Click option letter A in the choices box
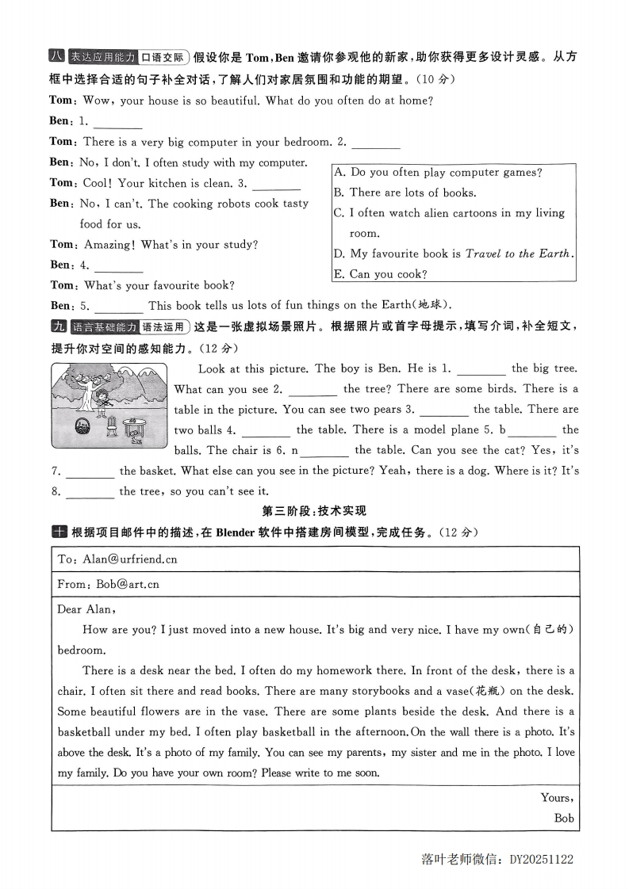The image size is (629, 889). pos(339,172)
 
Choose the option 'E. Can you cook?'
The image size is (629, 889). pos(380,274)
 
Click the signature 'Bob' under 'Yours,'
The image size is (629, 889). pos(563,818)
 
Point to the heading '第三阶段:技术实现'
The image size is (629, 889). pos(314,511)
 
